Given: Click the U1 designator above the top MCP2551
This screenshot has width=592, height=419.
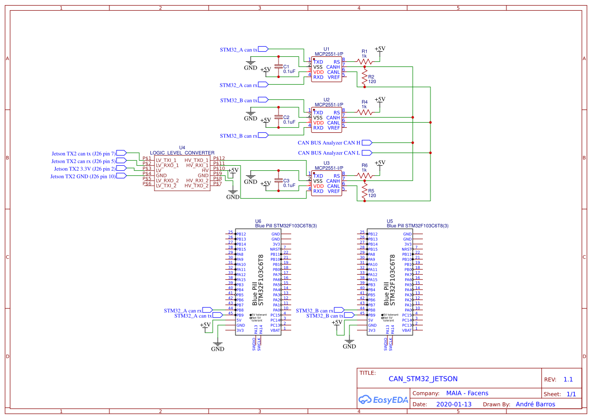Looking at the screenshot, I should [x=326, y=49].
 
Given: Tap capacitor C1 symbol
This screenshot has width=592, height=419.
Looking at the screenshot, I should [x=278, y=67].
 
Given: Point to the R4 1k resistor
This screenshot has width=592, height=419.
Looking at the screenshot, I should [x=364, y=112].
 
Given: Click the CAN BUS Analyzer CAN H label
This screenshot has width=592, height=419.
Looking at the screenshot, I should [x=329, y=143].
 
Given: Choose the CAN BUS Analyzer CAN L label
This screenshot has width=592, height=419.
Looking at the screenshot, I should [x=329, y=153].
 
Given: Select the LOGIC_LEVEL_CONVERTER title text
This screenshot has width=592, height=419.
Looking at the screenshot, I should [x=182, y=153].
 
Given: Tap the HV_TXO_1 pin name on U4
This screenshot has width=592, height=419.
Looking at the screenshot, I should [x=196, y=160].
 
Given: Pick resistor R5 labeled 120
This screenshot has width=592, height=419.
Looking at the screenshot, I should [x=364, y=192].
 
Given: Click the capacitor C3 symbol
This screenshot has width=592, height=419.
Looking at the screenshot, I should [x=278, y=181].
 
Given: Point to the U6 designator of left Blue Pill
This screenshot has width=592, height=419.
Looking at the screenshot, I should [x=258, y=221].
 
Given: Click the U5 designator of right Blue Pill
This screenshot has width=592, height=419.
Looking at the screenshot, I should [x=389, y=221].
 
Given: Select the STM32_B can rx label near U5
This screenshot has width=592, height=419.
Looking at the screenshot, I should [x=314, y=311].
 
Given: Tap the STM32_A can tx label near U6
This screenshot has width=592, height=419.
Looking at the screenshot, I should [x=193, y=316].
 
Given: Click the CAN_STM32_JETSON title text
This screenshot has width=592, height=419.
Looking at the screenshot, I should [x=423, y=378].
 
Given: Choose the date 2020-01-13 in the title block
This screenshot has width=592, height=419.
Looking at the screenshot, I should [x=453, y=404].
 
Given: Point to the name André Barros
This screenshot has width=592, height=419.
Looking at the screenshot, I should [x=535, y=404].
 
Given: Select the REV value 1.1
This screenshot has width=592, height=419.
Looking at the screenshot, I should [x=568, y=379].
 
